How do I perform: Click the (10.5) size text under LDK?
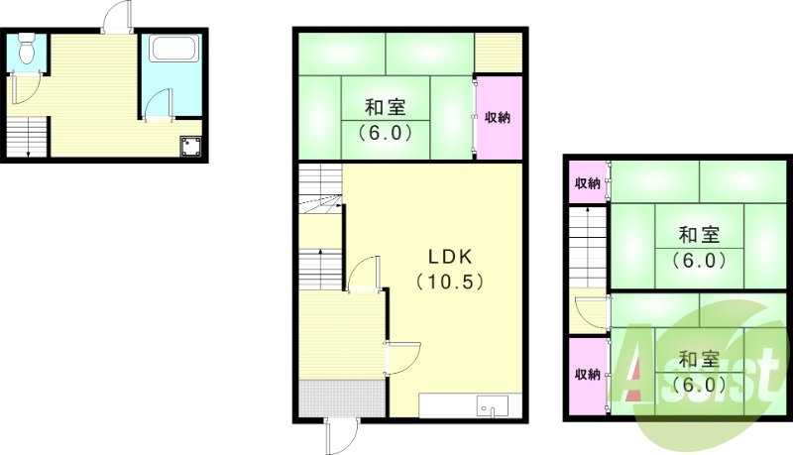click(x=448, y=281)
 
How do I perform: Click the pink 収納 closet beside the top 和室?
click(x=497, y=117)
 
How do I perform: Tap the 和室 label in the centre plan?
click(x=383, y=107)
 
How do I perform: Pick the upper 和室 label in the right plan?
click(x=699, y=235)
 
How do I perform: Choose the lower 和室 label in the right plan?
click(x=699, y=359)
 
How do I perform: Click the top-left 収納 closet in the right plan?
click(x=588, y=182)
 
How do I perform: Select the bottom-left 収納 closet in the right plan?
click(x=588, y=375)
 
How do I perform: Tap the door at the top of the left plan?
click(x=115, y=18)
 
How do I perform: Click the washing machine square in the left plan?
click(x=190, y=147)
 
